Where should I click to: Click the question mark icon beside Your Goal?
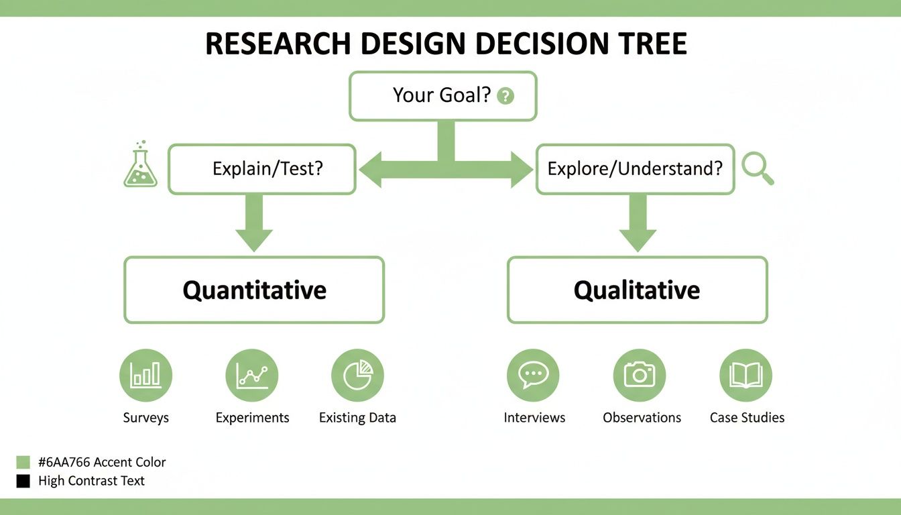click(505, 96)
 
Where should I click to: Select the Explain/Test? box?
click(261, 169)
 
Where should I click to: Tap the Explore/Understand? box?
click(635, 169)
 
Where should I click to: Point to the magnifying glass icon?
click(758, 168)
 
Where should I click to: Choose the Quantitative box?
click(254, 290)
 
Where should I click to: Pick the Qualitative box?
click(637, 290)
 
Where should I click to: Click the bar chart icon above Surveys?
click(145, 376)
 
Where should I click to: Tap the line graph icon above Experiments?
click(251, 376)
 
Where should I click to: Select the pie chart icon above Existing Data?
click(357, 376)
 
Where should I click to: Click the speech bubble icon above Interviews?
click(533, 376)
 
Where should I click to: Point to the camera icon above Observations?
click(639, 376)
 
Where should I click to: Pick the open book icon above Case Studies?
click(745, 376)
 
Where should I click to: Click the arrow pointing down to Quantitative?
click(254, 225)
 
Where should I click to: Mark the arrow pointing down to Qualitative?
click(637, 225)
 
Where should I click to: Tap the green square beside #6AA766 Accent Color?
click(23, 462)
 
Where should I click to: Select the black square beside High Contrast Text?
click(23, 481)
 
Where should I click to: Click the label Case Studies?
click(747, 418)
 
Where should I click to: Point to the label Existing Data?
click(357, 418)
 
